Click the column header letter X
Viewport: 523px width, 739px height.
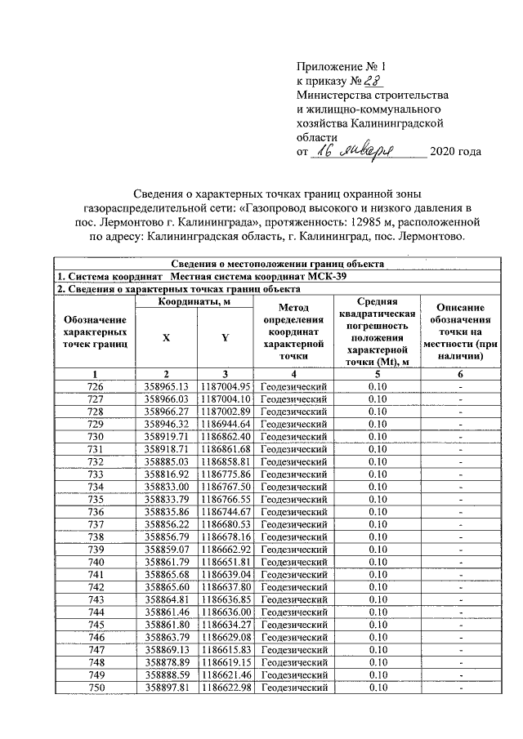click(x=167, y=336)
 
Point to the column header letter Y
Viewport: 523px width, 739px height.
click(x=225, y=336)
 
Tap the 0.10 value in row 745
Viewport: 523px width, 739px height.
click(x=377, y=625)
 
